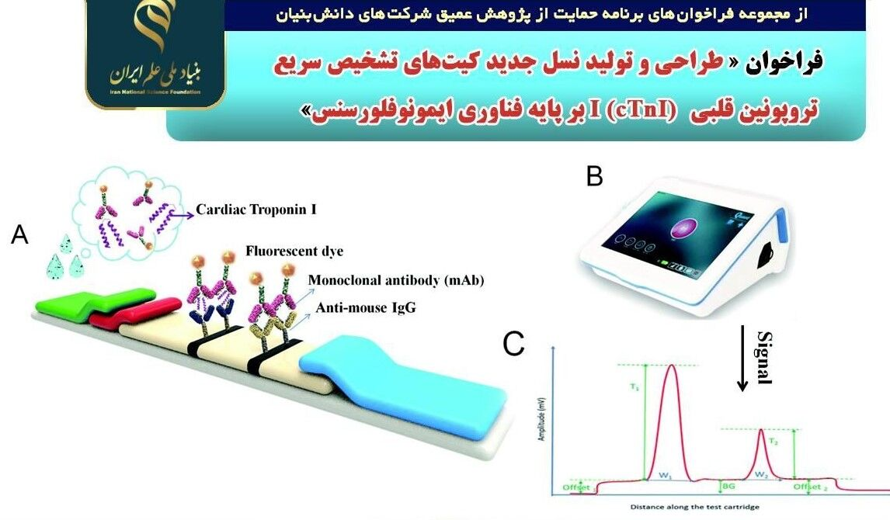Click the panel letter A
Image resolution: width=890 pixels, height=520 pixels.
(x=19, y=234)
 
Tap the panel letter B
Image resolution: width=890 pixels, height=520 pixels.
(x=594, y=177)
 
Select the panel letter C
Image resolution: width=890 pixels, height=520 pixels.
(x=513, y=344)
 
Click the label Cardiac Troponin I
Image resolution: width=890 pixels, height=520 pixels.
(x=256, y=210)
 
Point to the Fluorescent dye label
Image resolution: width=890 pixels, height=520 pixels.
(x=294, y=251)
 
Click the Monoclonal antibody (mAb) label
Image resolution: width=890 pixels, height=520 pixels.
(x=396, y=280)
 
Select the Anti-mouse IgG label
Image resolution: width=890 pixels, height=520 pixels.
(x=365, y=308)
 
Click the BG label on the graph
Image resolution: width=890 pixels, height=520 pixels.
(x=728, y=486)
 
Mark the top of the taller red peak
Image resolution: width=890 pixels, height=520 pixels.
(x=671, y=366)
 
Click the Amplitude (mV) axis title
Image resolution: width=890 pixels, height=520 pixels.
(x=543, y=419)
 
